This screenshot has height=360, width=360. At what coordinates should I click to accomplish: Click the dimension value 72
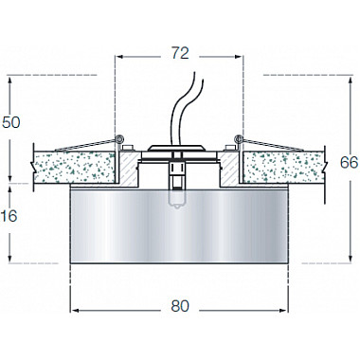tap(180, 53)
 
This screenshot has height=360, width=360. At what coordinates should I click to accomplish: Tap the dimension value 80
tap(180, 306)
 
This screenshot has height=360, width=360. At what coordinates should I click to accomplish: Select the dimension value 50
tap(11, 122)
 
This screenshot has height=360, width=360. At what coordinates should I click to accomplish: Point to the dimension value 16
tap(9, 216)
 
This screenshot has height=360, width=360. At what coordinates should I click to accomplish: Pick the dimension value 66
tap(349, 162)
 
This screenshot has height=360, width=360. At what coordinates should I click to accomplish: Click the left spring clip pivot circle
tap(119, 138)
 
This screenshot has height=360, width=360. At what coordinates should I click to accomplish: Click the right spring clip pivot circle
tap(240, 138)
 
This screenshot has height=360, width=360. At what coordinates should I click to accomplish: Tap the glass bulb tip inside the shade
tap(177, 201)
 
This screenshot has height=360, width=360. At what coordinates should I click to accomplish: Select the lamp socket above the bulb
tap(177, 174)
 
